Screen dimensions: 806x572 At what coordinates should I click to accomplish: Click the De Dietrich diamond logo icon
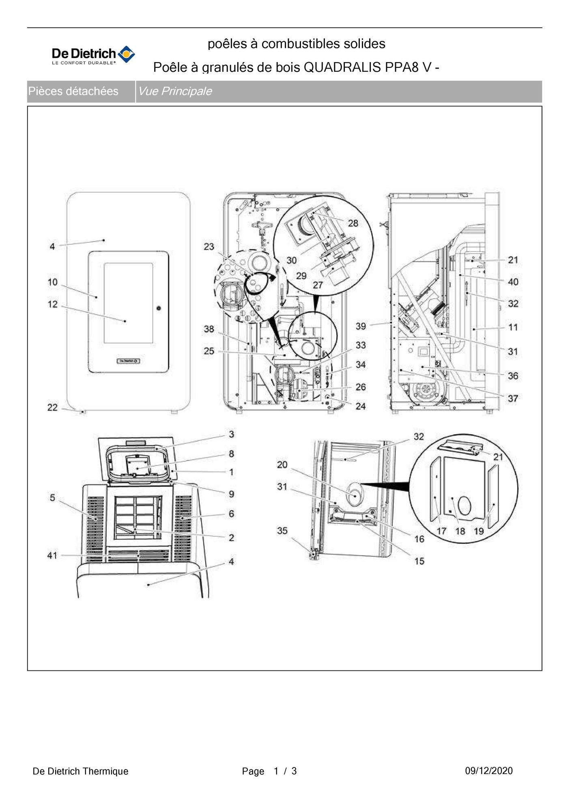pyautogui.click(x=126, y=54)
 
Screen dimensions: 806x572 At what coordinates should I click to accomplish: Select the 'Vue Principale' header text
pyautogui.click(x=175, y=91)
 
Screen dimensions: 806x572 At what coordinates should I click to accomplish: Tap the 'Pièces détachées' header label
pyautogui.click(x=73, y=91)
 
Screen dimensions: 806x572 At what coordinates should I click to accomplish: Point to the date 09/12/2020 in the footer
pyautogui.click(x=488, y=771)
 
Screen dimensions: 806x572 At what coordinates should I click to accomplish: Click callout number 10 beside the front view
pyautogui.click(x=53, y=282)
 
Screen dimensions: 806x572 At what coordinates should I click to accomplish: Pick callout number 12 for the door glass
pyautogui.click(x=53, y=304)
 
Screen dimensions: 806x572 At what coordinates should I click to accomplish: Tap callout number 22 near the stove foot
pyautogui.click(x=53, y=407)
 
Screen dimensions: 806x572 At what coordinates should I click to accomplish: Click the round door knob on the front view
pyautogui.click(x=158, y=308)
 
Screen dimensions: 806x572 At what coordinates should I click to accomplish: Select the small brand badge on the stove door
pyautogui.click(x=128, y=361)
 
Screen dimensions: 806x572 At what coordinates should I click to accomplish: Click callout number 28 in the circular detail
pyautogui.click(x=353, y=223)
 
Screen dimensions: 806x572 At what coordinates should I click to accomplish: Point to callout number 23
pyautogui.click(x=209, y=247)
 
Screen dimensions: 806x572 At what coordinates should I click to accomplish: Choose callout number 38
pyautogui.click(x=209, y=329)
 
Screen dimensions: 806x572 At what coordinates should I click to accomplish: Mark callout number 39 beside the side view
pyautogui.click(x=361, y=326)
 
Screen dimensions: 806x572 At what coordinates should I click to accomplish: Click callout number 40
pyautogui.click(x=513, y=282)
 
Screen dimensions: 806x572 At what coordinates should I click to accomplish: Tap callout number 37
pyautogui.click(x=513, y=399)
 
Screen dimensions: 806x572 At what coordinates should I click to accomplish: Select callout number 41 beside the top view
pyautogui.click(x=53, y=555)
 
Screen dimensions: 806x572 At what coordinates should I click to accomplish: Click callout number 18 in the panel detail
pyautogui.click(x=460, y=531)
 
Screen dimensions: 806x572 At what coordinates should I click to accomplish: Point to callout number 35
pyautogui.click(x=282, y=531)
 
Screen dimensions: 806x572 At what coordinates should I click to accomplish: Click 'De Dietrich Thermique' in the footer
pyautogui.click(x=80, y=771)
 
